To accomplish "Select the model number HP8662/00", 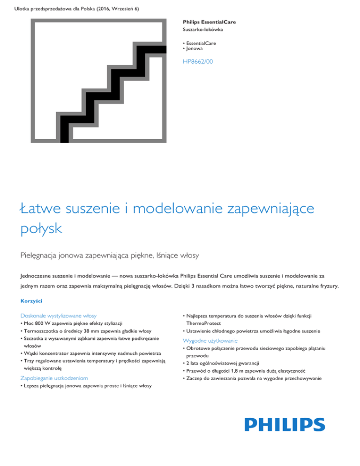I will coord(197,61).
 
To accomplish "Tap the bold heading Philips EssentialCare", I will coord(209,22).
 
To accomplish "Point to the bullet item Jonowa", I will coord(196,49).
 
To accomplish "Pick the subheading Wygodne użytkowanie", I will coord(211,340).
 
